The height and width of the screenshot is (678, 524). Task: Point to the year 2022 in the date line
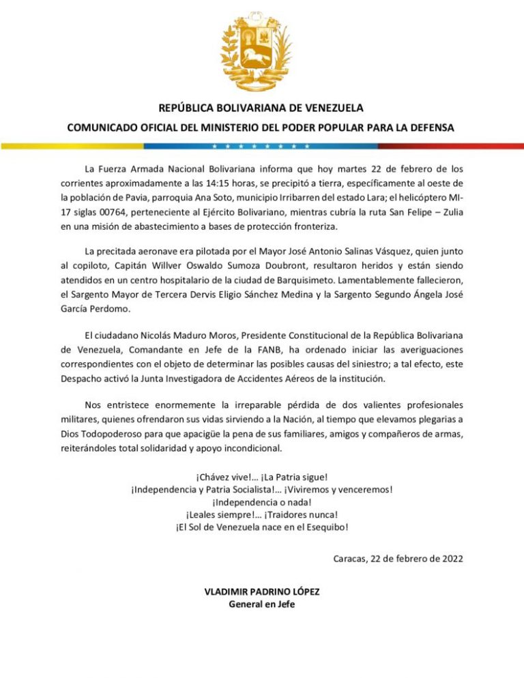[450, 559]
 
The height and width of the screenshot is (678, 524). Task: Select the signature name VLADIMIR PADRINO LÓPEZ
[262, 591]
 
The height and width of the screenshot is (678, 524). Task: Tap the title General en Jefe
[262, 604]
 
